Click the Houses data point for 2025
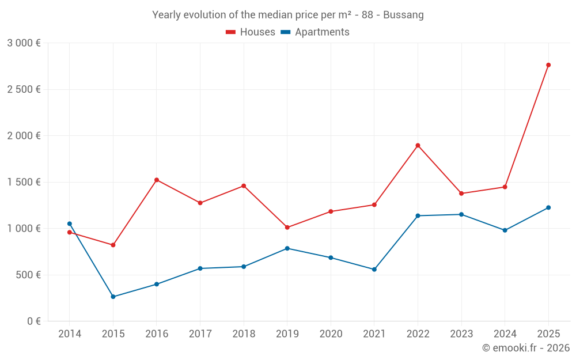(548, 65)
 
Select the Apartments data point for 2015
(113, 297)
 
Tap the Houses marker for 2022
(418, 145)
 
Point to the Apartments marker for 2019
(287, 248)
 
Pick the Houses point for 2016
(157, 180)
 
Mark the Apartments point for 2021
(374, 270)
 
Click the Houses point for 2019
(287, 228)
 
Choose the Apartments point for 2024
(505, 230)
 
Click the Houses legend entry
(251, 32)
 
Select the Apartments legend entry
(315, 32)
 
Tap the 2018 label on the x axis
(244, 334)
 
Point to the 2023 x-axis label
(461, 334)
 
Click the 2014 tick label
(70, 334)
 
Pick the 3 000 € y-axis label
(24, 43)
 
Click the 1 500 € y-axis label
(24, 182)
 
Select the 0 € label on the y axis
(33, 321)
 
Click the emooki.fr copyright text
(525, 348)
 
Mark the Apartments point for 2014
(70, 223)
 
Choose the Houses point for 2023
(461, 194)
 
